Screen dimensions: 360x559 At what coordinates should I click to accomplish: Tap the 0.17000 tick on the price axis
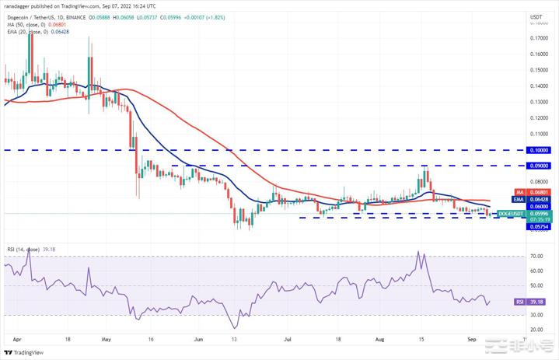point(536,38)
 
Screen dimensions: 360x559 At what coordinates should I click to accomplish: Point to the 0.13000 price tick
point(536,102)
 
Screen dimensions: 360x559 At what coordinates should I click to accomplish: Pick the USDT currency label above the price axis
point(536,16)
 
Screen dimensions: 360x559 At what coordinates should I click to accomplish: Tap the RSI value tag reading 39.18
point(536,301)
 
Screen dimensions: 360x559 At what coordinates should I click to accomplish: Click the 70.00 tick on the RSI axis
point(536,256)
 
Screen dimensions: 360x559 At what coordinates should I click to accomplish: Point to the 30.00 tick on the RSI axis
point(536,315)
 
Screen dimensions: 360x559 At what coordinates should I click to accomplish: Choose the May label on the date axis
point(107,341)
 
